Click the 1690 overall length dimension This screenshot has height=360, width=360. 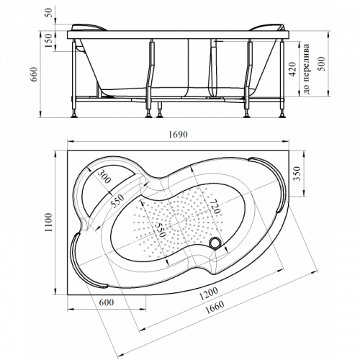(x=178, y=135)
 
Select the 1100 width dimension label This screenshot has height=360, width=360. (x=48, y=222)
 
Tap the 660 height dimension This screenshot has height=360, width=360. (x=34, y=74)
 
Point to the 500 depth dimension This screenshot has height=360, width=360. (x=321, y=63)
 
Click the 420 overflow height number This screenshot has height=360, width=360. (x=292, y=69)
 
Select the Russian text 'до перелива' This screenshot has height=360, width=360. (x=306, y=69)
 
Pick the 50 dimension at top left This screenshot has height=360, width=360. (x=48, y=12)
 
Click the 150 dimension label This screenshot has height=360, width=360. (x=48, y=40)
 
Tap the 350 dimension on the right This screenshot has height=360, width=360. (x=297, y=174)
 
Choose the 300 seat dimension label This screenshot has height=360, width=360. (x=104, y=176)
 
